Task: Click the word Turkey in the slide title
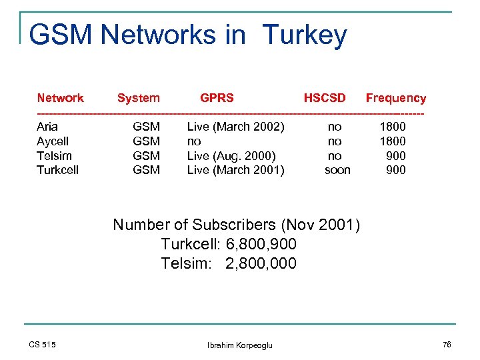305,35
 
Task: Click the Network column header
60,98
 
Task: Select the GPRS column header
217,98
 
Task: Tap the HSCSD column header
325,98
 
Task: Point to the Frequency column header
395,98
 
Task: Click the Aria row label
47,127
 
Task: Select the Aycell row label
53,141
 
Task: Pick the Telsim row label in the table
54,156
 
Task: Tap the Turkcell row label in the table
57,170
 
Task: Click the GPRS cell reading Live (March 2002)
235,127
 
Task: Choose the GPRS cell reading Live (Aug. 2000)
231,156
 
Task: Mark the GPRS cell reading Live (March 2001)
235,170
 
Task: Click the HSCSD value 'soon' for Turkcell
337,170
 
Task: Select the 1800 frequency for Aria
392,127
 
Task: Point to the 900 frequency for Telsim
396,156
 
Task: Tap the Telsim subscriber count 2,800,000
261,263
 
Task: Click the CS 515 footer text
43,344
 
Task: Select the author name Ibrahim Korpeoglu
240,345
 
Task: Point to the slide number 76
446,344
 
